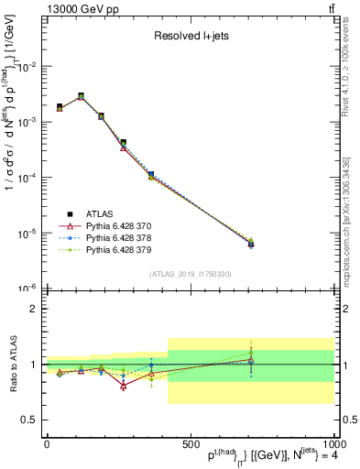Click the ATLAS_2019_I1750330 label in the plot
point(190,274)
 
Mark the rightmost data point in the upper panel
point(251,243)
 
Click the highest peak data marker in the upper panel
point(81,95)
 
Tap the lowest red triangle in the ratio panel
point(123,386)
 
